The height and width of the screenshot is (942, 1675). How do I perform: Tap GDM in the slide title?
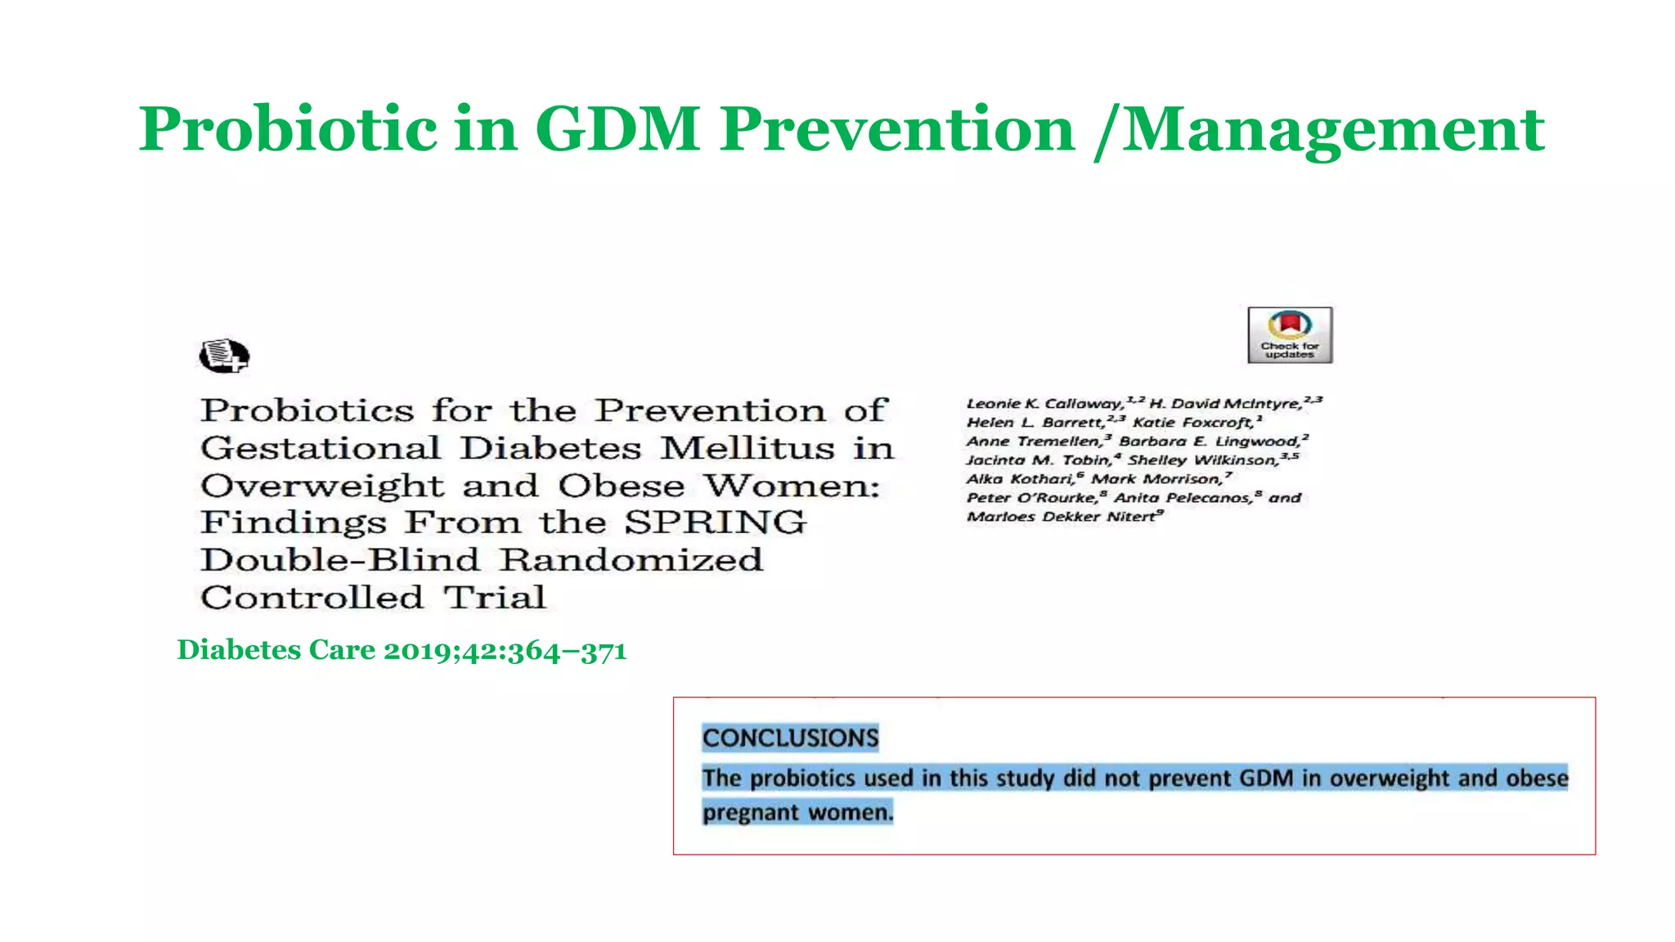pyautogui.click(x=617, y=129)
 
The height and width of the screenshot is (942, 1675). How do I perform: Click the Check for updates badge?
pyautogui.click(x=1290, y=335)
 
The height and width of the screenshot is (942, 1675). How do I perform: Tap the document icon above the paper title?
pyautogui.click(x=223, y=356)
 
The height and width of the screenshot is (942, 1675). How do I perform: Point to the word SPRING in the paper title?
pyautogui.click(x=715, y=523)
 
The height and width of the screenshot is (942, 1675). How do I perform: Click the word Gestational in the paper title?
pyautogui.click(x=321, y=448)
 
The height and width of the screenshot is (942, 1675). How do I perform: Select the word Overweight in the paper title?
pyautogui.click(x=322, y=486)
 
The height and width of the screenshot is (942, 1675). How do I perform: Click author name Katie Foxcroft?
pyautogui.click(x=1193, y=422)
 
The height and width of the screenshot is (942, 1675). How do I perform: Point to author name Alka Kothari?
pyautogui.click(x=1021, y=478)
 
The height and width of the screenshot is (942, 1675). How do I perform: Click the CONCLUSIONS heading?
pyautogui.click(x=790, y=738)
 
